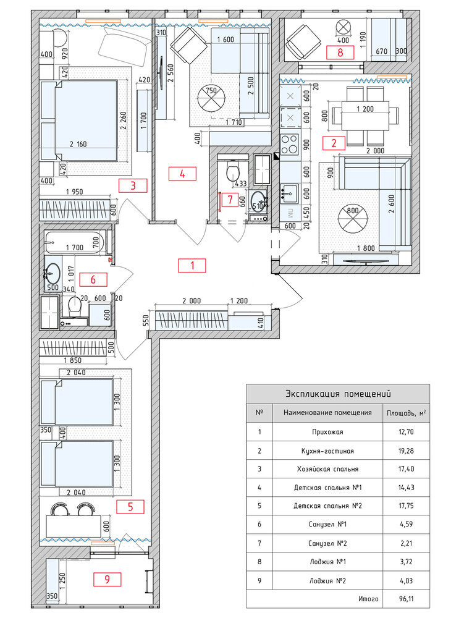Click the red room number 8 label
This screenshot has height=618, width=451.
pos(340,52)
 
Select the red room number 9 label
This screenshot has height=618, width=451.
pos(107,579)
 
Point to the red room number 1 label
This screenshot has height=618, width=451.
pos(192,266)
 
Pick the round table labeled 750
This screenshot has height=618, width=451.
pos(211,98)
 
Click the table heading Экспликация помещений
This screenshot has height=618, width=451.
pos(337,393)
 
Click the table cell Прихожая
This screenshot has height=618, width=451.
pos(327,432)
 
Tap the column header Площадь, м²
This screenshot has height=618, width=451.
pos(405,413)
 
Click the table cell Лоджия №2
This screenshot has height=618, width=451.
pos(327,580)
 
